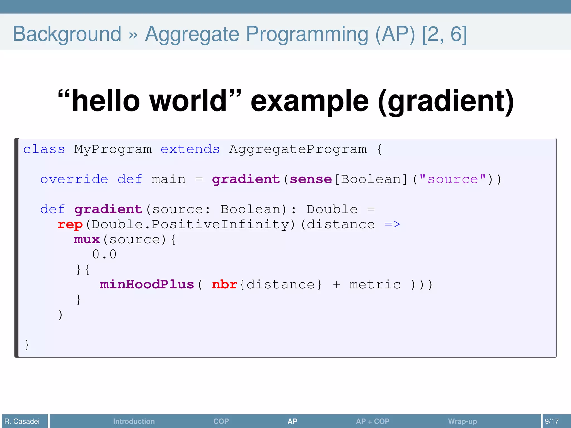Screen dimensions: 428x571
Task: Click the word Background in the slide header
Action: [x=67, y=34]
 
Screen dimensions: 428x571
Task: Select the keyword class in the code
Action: [x=44, y=149]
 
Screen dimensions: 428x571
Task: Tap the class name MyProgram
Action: [x=113, y=149]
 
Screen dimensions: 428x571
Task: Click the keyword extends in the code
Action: [x=190, y=149]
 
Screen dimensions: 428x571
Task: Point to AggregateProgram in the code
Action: [x=298, y=149]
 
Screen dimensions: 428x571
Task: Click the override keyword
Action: [x=74, y=179]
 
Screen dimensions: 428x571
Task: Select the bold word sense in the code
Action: [x=311, y=179]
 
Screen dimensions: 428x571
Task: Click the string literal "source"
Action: [x=453, y=179]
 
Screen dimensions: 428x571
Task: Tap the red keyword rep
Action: [x=70, y=225]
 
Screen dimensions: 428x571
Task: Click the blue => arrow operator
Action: [x=392, y=224]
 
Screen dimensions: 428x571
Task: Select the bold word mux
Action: [x=87, y=239]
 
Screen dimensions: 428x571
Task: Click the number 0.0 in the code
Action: [x=104, y=254]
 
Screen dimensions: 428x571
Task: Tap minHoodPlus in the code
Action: [x=147, y=284]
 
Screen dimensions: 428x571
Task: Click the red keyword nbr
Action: [x=224, y=284]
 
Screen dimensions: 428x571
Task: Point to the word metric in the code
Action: [x=375, y=284]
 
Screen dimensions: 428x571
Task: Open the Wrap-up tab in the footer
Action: [x=462, y=421]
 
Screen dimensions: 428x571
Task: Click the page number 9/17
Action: [x=552, y=421]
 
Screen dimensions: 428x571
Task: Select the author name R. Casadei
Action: [x=22, y=421]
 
